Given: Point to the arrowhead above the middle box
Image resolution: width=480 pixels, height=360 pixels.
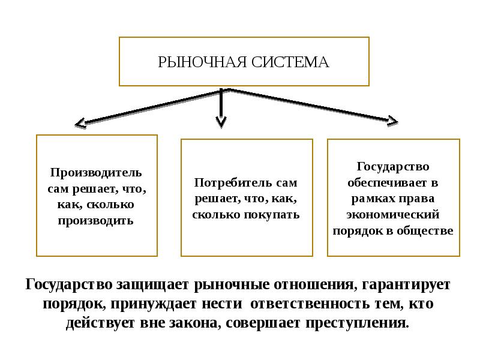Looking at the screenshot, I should point(221,122).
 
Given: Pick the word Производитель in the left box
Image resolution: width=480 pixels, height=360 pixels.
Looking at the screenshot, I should point(96,173).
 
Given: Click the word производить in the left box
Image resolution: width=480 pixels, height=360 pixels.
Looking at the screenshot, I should point(96,220).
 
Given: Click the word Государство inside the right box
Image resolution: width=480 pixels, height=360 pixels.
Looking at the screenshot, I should point(393,166).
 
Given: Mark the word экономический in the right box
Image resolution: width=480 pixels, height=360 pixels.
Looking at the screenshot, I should point(394,214).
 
